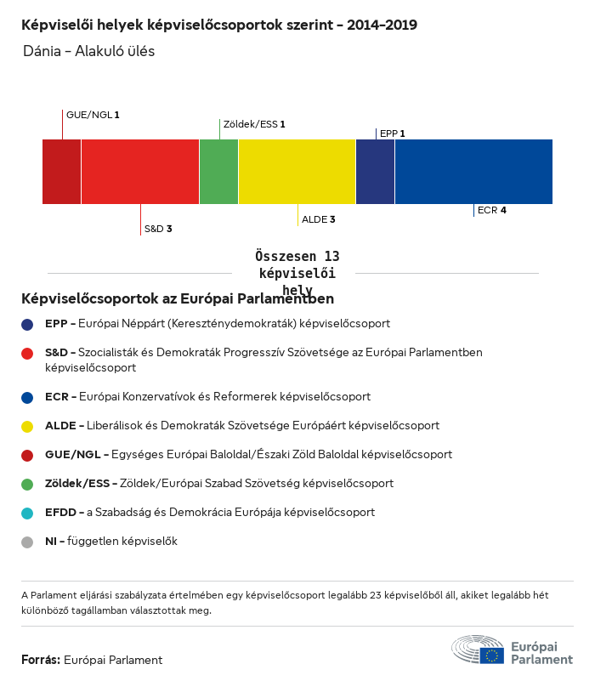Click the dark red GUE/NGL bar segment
62,172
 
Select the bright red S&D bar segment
140,172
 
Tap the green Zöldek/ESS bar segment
218,172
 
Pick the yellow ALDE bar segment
297,172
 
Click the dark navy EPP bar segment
375,172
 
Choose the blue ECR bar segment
473,172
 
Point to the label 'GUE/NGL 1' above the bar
93,114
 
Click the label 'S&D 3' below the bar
158,229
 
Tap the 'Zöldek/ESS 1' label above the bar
254,124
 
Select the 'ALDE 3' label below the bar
319,219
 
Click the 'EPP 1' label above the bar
392,133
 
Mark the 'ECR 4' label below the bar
492,209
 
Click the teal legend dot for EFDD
28,513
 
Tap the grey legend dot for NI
28,542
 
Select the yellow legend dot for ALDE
28,426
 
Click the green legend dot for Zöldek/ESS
28,484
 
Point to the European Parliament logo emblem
478,650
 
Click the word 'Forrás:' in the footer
41,660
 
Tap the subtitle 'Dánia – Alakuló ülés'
89,51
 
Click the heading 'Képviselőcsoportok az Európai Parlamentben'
178,299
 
